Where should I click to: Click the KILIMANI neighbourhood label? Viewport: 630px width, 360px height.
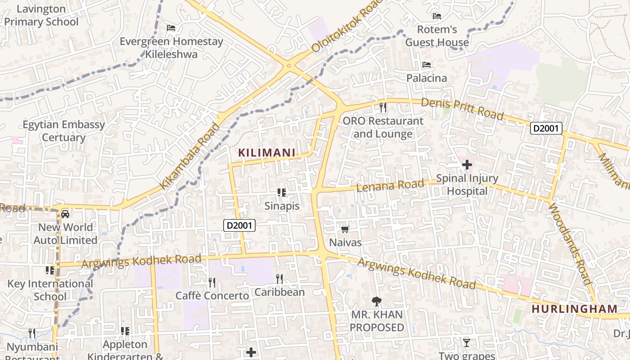click(x=266, y=153)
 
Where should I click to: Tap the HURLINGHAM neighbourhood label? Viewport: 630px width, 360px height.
click(x=575, y=309)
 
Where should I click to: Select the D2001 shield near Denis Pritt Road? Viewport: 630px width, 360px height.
click(x=546, y=128)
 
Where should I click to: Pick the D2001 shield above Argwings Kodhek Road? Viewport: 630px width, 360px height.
click(x=239, y=225)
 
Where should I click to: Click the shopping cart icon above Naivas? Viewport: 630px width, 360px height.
click(x=345, y=229)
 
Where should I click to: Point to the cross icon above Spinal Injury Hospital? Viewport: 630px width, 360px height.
click(x=467, y=165)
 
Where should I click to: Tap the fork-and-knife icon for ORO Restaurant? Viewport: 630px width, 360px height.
click(x=383, y=107)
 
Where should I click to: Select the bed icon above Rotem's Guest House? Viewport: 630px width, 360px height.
click(x=436, y=16)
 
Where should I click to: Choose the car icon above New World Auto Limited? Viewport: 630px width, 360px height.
click(x=65, y=214)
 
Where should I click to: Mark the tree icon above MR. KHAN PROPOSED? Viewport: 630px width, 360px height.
click(x=376, y=301)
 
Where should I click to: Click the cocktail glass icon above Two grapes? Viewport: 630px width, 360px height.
click(x=467, y=343)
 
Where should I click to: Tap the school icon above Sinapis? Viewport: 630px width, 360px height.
click(x=282, y=193)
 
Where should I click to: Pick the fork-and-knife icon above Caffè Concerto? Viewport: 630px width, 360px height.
click(x=211, y=282)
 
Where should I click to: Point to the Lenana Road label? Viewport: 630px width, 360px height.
click(x=390, y=185)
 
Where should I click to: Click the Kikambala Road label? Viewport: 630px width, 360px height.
click(x=190, y=155)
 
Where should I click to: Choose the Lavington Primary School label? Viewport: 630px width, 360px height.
click(x=41, y=15)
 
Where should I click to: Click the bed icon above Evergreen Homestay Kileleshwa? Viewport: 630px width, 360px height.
click(x=171, y=28)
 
